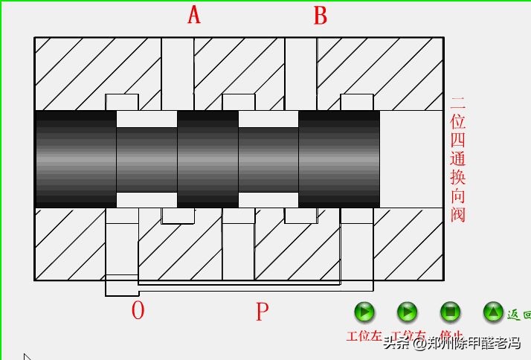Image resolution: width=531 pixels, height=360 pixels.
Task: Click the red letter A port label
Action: coord(194,15)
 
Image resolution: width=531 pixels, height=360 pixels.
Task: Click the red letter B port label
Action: coord(321,16)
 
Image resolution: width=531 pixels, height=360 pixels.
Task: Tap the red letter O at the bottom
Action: coord(138,310)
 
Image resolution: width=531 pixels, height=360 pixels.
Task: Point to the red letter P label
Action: coord(261,312)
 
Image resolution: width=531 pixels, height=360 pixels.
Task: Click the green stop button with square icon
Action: coord(450,312)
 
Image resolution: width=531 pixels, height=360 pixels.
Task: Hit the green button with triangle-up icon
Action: coord(493,312)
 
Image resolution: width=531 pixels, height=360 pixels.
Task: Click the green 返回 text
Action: coord(518,315)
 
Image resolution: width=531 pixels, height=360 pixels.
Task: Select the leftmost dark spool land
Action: coord(76,159)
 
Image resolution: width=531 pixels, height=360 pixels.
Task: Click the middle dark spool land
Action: coord(207,159)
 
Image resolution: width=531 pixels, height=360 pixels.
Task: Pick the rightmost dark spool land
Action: coord(339,159)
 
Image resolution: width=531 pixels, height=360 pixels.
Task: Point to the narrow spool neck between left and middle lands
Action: coord(147,159)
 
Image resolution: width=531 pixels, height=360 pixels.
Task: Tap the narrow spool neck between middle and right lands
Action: coord(268,159)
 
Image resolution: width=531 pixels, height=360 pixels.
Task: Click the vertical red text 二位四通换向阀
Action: coord(458,159)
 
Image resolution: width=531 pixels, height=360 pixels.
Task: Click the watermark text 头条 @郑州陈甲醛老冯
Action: coord(452,344)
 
